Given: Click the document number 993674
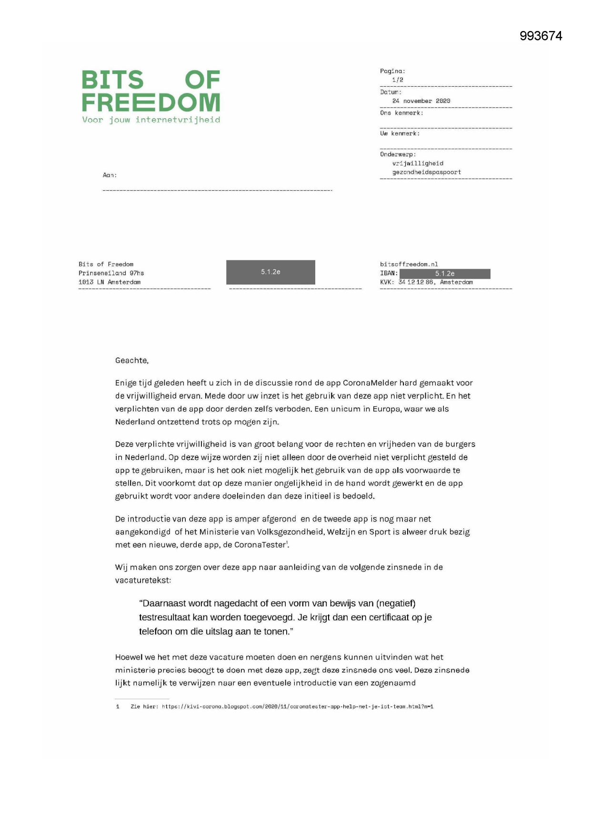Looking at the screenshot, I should (x=541, y=36).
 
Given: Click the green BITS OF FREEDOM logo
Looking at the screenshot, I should (x=150, y=92).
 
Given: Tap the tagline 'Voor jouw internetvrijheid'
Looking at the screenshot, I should (x=151, y=120).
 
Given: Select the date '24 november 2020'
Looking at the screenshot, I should (x=421, y=101).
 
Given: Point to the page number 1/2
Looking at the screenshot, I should (x=398, y=80).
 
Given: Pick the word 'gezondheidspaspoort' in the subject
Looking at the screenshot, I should (x=426, y=172).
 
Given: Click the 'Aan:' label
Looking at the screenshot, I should (x=110, y=175).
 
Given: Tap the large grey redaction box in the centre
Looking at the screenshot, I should (x=270, y=272).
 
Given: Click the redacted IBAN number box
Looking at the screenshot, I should (x=445, y=274).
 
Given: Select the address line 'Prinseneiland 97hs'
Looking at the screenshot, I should (x=111, y=273).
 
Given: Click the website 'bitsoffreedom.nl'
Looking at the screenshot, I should (x=409, y=264).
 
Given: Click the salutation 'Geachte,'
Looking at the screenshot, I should (x=132, y=361).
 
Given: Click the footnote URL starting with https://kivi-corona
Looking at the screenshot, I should (x=297, y=707).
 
